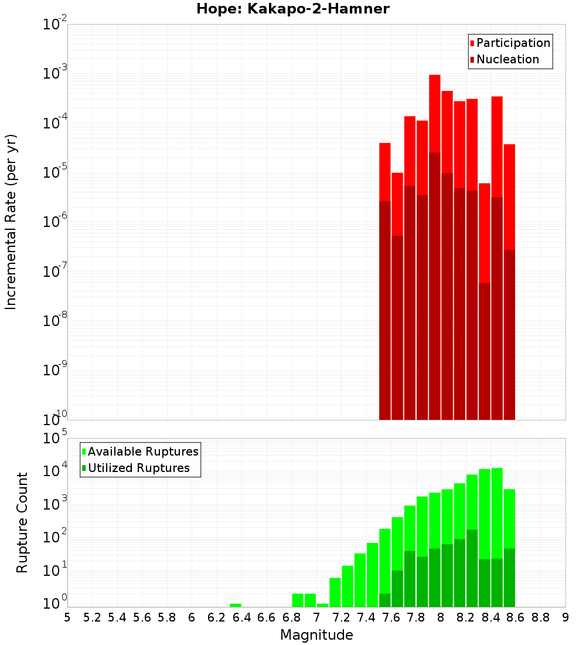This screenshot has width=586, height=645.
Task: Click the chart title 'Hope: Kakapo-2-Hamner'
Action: point(292,9)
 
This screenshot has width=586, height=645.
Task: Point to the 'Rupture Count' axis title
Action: point(22,522)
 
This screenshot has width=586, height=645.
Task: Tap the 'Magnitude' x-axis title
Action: point(316,635)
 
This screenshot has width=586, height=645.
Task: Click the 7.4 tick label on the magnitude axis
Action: point(366,617)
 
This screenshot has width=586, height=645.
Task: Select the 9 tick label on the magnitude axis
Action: point(565,617)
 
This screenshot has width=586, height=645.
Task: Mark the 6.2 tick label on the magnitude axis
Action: point(217,617)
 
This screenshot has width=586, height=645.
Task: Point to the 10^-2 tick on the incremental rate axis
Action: point(55,25)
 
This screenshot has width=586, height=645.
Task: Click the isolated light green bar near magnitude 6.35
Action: point(235,605)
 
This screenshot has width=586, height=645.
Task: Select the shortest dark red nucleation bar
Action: point(484,352)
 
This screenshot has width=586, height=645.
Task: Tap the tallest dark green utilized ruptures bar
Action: point(472,569)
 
